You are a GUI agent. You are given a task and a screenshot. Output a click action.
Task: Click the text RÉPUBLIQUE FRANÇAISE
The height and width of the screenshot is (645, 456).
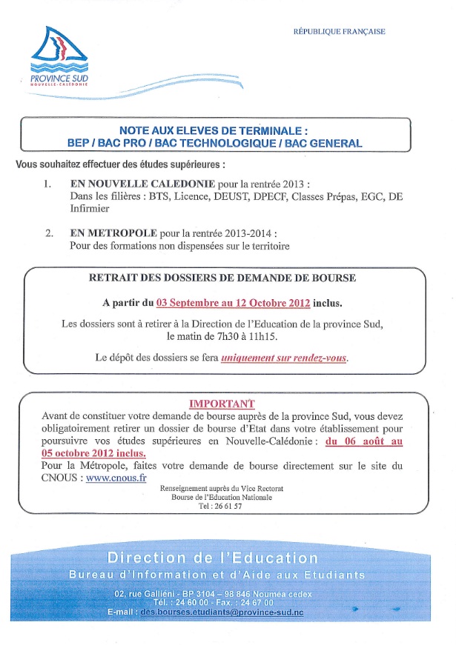[x=340, y=32]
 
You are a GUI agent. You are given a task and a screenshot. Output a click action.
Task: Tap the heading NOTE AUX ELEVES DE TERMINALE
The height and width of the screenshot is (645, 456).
[x=213, y=130]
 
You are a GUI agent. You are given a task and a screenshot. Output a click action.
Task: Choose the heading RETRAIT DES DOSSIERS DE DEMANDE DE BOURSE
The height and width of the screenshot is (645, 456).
[x=222, y=278]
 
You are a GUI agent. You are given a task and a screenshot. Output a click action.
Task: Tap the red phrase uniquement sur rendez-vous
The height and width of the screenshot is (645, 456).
[x=284, y=358]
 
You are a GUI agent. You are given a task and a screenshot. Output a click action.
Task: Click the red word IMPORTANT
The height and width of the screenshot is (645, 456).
[x=222, y=404]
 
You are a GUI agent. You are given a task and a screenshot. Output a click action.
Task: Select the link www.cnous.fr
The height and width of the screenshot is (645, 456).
[x=116, y=478]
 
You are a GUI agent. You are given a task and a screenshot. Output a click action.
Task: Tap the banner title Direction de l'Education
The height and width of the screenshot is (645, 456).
[x=213, y=558]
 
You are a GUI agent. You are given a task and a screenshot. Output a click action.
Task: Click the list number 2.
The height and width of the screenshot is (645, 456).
[x=49, y=233]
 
